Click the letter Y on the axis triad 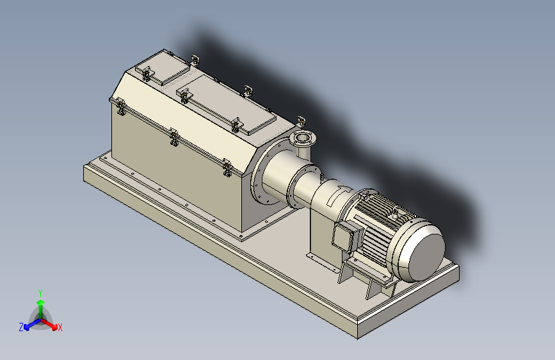[x=40, y=293]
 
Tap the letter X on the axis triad [x=60, y=327]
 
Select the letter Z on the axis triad [x=21, y=327]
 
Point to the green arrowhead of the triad [x=41, y=302]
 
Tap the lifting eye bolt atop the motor [x=394, y=213]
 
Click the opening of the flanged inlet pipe [x=302, y=138]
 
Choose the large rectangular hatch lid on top [x=227, y=105]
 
